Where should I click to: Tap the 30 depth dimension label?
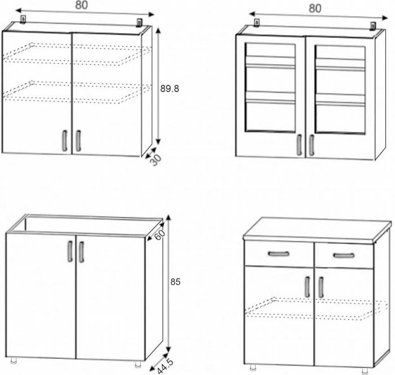coord(156,159)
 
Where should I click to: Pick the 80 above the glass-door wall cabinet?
coord(315,8)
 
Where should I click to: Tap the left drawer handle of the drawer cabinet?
coord(278,254)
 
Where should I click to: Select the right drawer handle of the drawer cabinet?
coord(343,255)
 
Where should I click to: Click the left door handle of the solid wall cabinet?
coord(64,141)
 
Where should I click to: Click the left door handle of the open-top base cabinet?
coord(70,251)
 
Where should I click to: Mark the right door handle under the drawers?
coord(321,287)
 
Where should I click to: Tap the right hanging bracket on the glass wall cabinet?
coord(373,25)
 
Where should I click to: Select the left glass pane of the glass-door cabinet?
coord(270,88)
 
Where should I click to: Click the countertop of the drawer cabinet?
coord(316,228)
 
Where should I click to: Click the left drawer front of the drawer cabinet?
coord(278,254)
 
